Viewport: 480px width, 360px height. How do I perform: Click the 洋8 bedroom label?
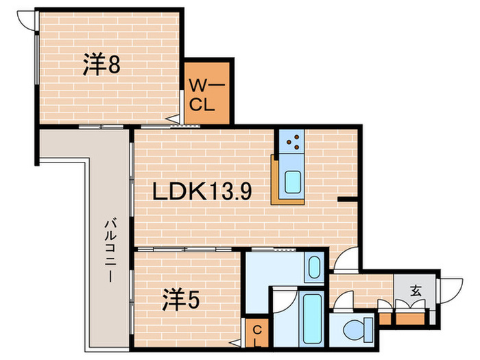click(x=98, y=66)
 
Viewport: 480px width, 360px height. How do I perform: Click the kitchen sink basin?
click(x=293, y=182)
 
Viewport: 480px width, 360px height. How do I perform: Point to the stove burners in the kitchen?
click(x=293, y=142)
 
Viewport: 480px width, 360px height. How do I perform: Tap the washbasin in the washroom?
click(x=314, y=267)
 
